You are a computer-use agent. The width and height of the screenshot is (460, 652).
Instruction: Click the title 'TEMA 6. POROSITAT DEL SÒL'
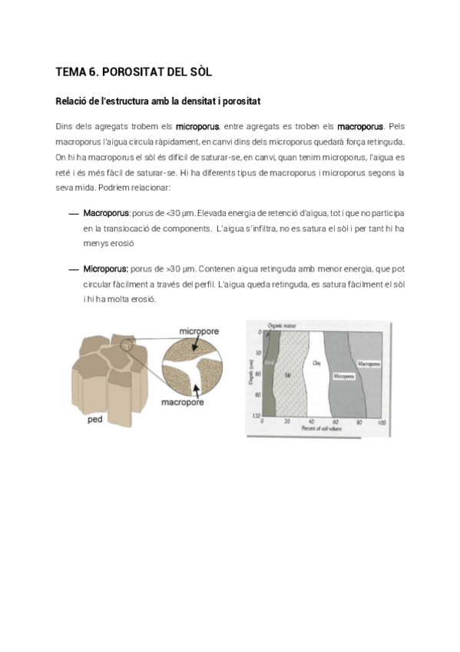click(x=134, y=72)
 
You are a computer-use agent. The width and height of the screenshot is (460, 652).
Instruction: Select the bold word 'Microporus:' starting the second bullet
click(x=106, y=269)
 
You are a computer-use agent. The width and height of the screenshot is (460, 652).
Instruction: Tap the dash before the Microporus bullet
click(x=74, y=270)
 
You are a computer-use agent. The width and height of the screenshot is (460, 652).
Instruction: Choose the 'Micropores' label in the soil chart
click(x=343, y=376)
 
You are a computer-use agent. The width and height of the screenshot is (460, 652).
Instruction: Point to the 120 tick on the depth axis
click(x=256, y=415)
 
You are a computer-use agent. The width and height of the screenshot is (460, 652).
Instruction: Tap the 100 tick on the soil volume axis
click(x=382, y=422)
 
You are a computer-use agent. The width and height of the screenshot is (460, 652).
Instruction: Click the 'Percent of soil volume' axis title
click(x=321, y=428)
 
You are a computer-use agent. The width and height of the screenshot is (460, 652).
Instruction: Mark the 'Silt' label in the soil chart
click(x=287, y=374)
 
